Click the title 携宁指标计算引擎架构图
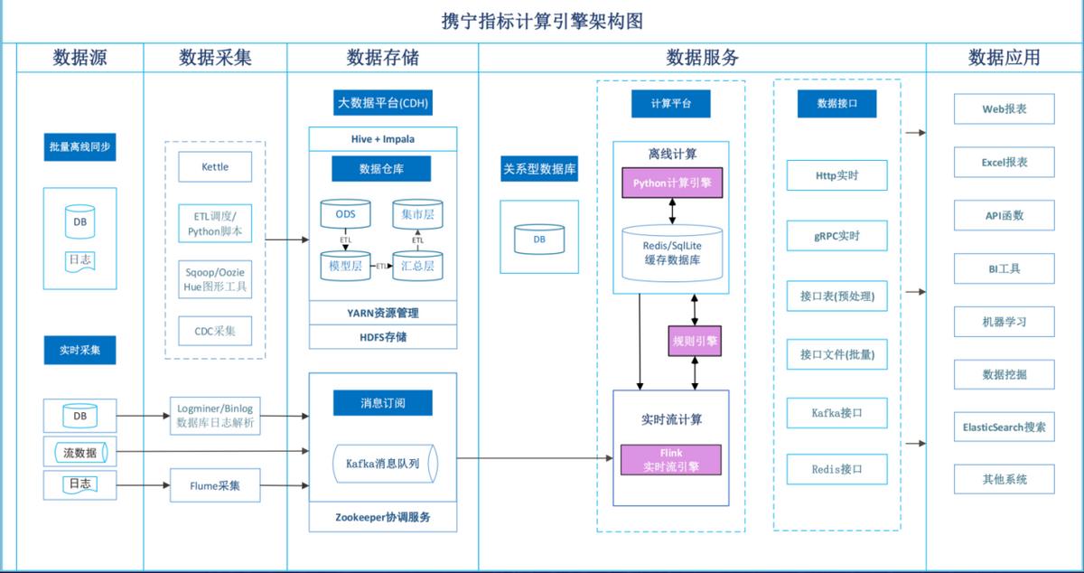tap(542, 20)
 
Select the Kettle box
tap(215, 166)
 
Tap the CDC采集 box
tap(215, 331)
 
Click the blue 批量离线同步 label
tap(80, 146)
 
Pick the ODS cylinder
tap(345, 215)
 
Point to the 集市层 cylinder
tap(417, 215)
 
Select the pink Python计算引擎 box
tap(671, 183)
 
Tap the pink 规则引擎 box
tap(695, 341)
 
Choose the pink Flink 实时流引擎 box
tap(671, 459)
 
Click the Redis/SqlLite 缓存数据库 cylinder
tap(671, 251)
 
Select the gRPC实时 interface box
tap(836, 236)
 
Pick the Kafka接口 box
tap(836, 413)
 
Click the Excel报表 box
tap(1004, 163)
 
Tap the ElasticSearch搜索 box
tap(1004, 427)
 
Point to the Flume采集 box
tap(215, 485)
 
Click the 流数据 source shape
tap(80, 451)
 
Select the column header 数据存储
tap(382, 58)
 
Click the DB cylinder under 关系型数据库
tap(539, 240)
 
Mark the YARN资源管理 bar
tap(383, 313)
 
